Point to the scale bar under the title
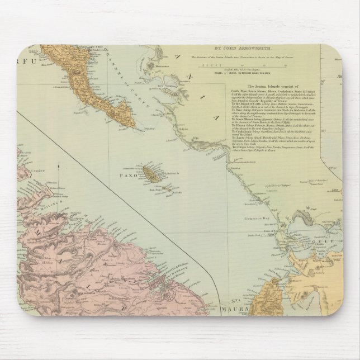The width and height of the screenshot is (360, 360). click(243, 65)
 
